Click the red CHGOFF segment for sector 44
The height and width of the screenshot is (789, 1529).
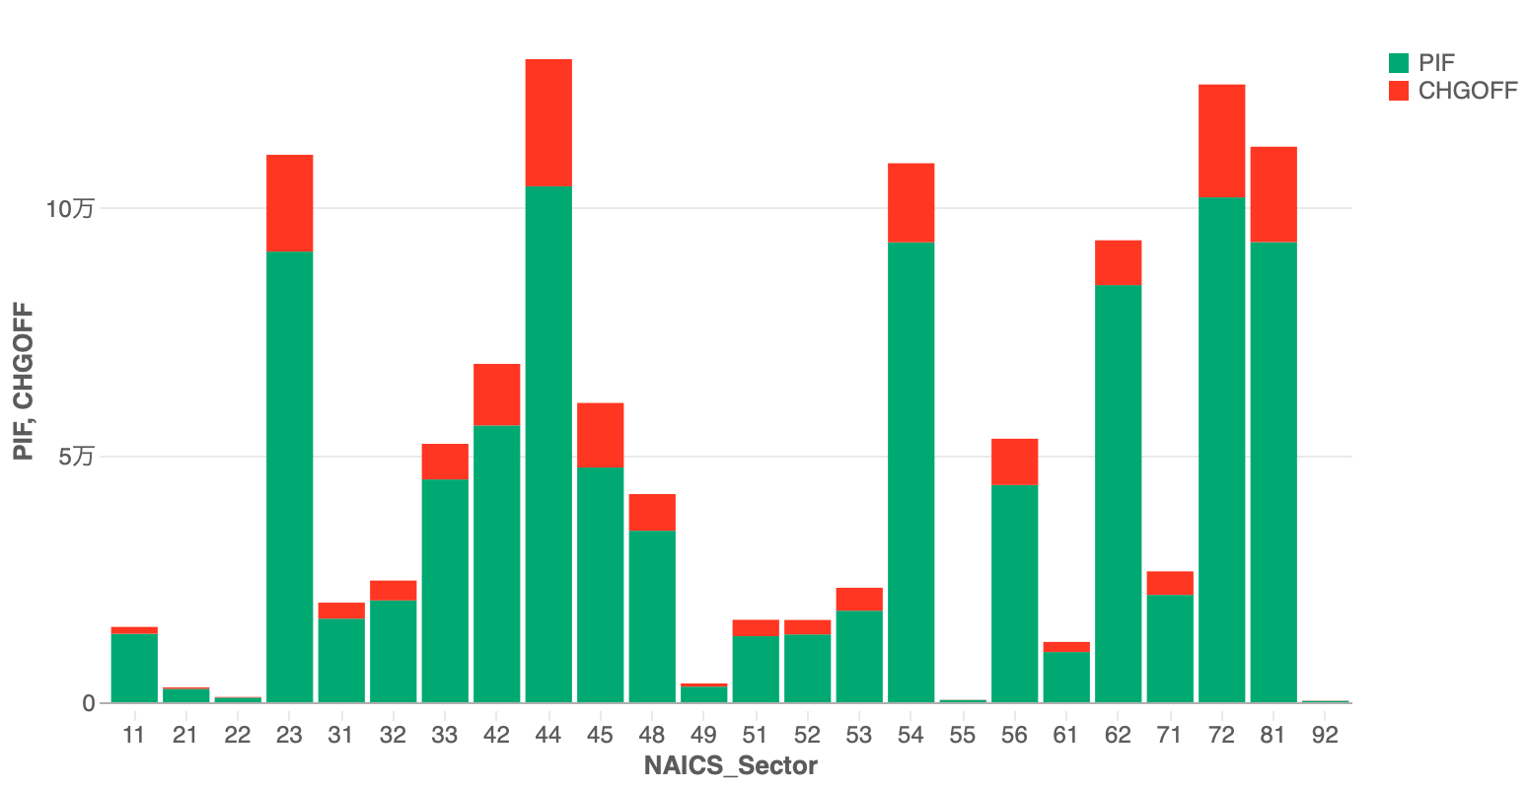coord(548,122)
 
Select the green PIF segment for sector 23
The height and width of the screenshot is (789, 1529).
coord(289,477)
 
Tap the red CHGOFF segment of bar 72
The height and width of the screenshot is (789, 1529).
coord(1221,140)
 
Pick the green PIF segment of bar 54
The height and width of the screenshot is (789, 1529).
coord(910,472)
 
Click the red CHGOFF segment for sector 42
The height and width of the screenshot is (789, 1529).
coord(496,394)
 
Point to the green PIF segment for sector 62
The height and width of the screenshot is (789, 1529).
coord(1118,493)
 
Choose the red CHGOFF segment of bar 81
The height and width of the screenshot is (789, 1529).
coord(1273,193)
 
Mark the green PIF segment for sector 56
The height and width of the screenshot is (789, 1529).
coord(1014,593)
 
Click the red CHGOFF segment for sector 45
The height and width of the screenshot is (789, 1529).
coord(600,434)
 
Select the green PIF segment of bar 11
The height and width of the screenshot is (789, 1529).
coord(134,668)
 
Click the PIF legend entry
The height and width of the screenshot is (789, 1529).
coord(1436,63)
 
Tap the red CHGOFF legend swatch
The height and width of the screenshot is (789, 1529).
coord(1398,91)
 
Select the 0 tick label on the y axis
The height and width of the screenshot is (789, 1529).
coord(89,703)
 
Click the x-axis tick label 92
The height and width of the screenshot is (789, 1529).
coord(1325,735)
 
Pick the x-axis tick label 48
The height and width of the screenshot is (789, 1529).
coord(651,735)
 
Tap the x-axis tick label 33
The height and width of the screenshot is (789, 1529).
coord(445,735)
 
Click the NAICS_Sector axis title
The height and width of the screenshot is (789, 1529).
coord(730,766)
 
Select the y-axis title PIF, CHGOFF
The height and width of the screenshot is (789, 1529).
coord(24,382)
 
